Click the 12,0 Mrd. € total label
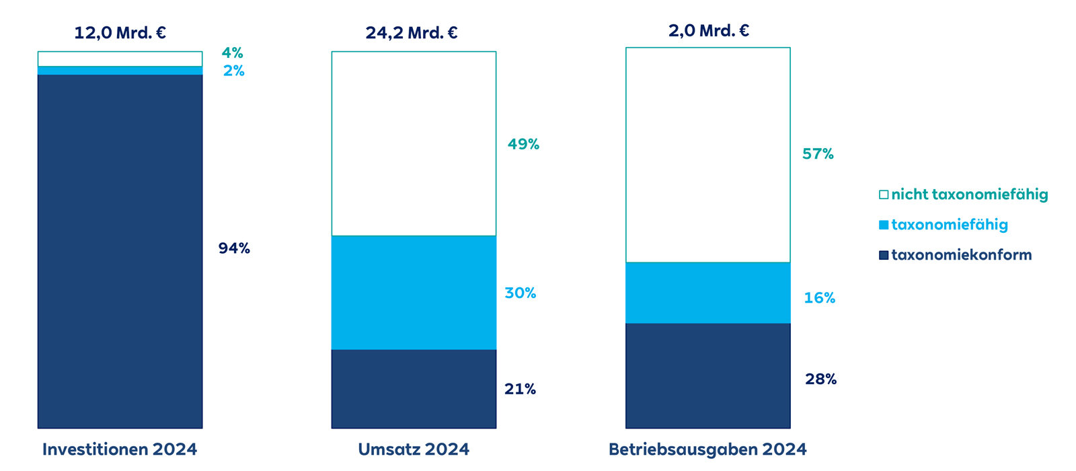(120, 32)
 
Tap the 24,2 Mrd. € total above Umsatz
(412, 32)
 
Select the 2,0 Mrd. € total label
(708, 30)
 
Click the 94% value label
(234, 248)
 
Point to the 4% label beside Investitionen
(232, 52)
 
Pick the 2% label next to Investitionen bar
(233, 71)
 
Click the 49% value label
(523, 144)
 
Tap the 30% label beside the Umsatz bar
(520, 293)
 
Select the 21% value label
(520, 389)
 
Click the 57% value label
(818, 154)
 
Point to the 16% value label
(819, 298)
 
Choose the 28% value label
(820, 379)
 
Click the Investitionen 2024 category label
(120, 449)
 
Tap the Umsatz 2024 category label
(414, 449)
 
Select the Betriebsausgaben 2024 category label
(707, 449)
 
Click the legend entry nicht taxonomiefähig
(969, 194)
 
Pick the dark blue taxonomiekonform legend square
(884, 255)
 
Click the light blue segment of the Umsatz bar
(414, 293)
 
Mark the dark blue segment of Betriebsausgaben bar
(707, 375)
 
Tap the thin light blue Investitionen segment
(120, 71)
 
